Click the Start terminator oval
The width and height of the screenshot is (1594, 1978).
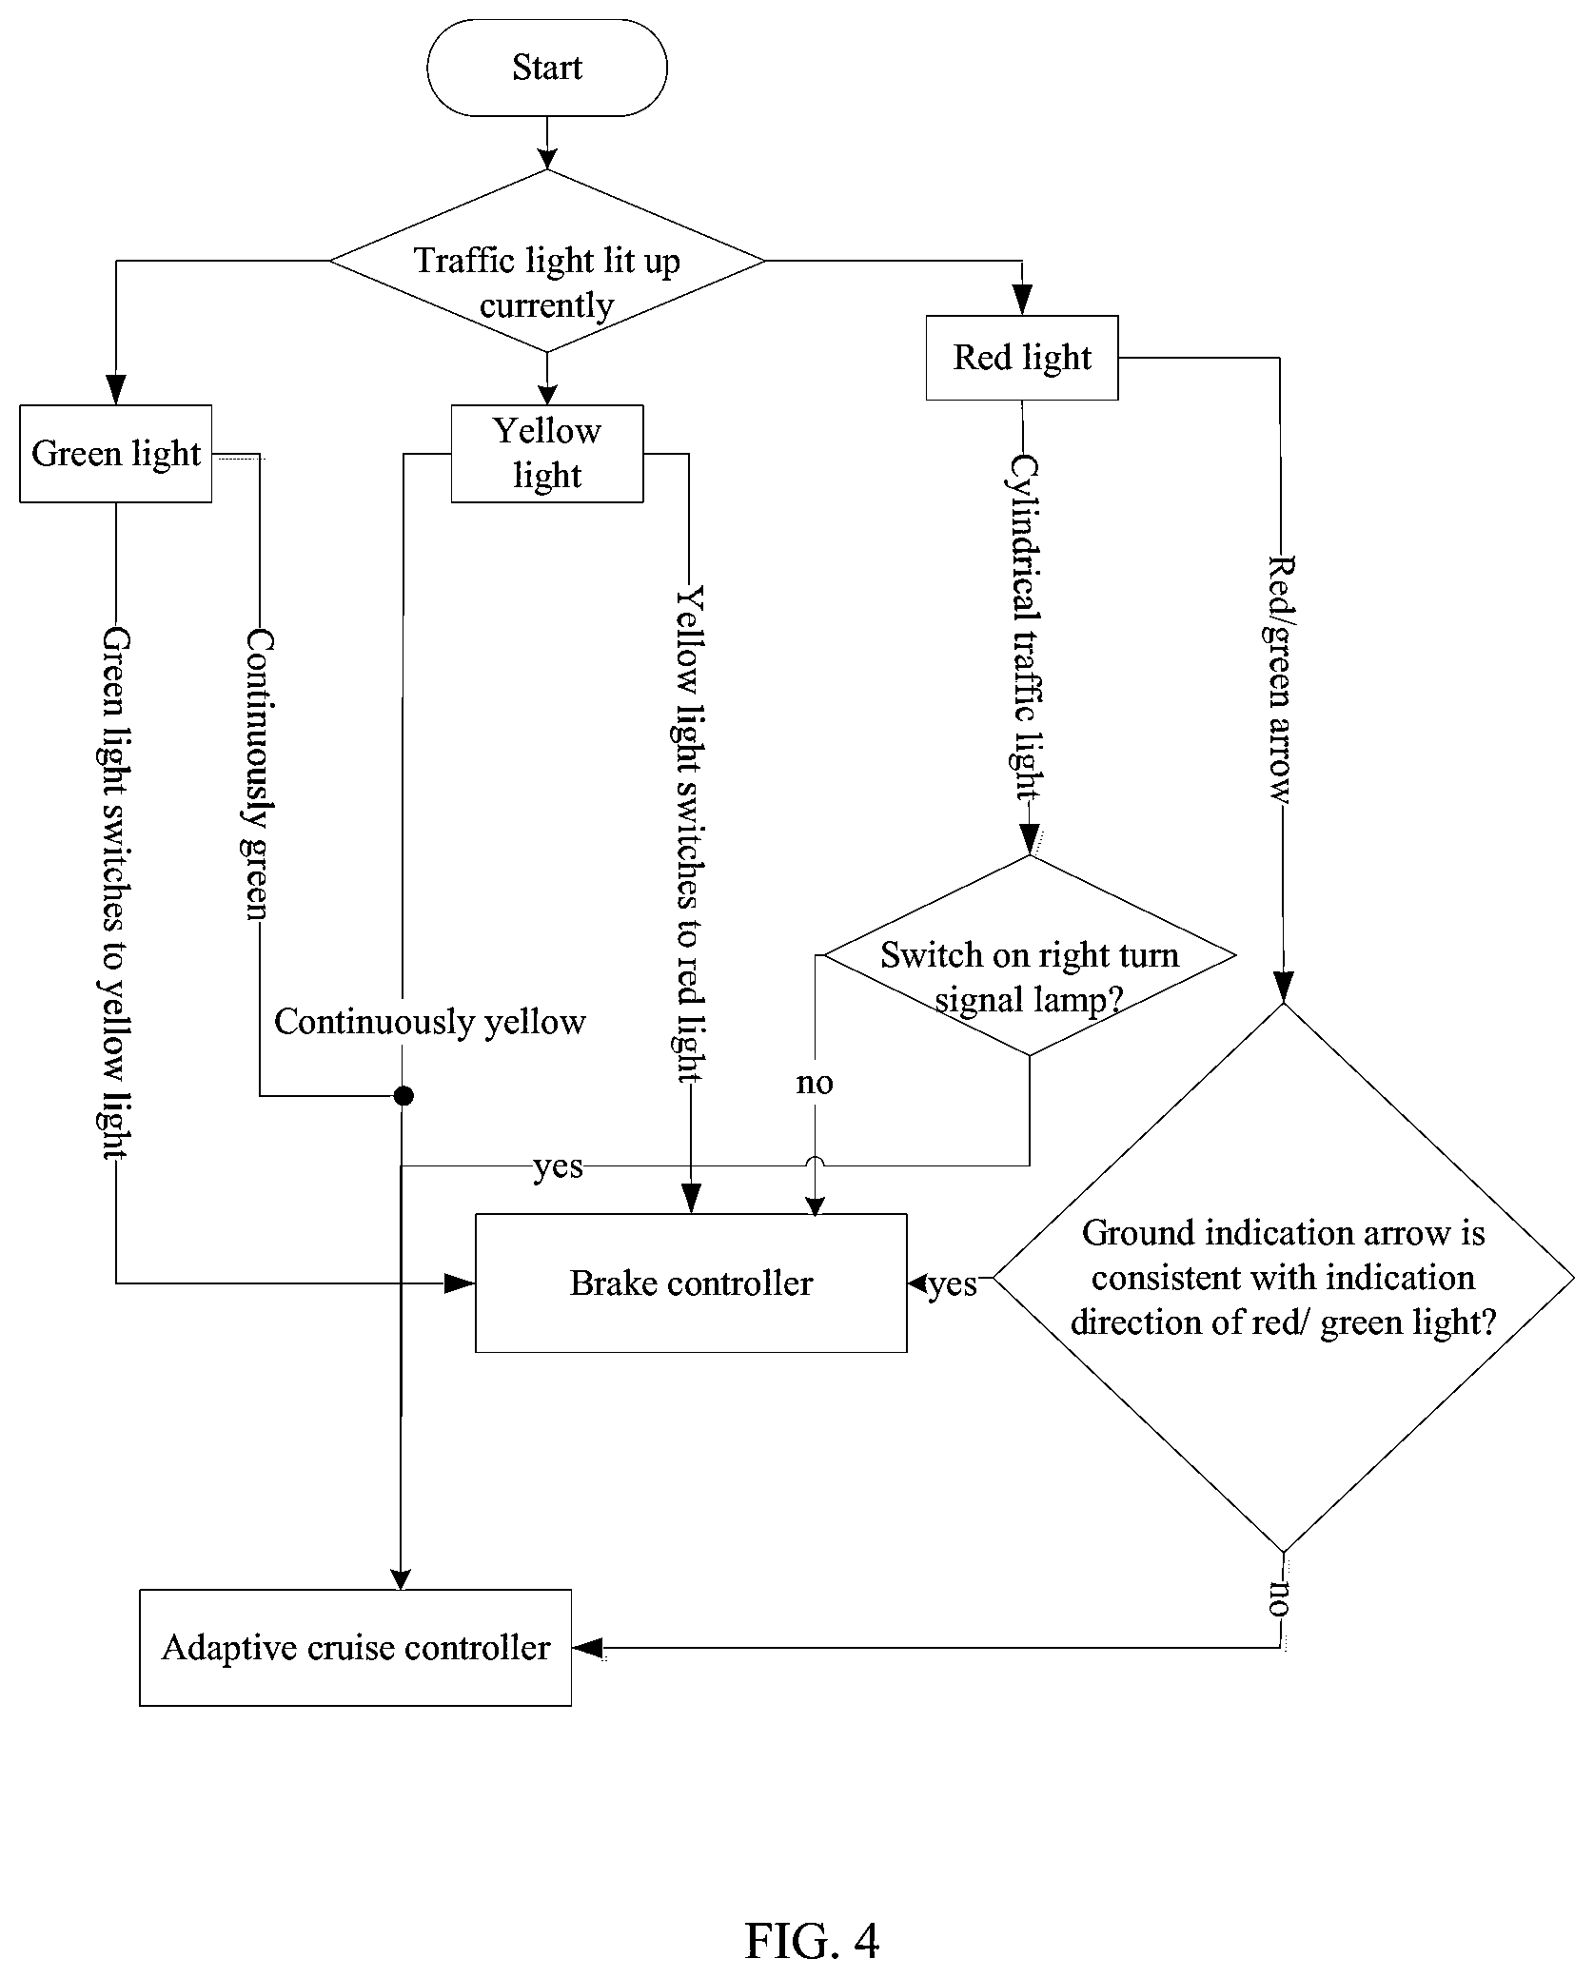[547, 68]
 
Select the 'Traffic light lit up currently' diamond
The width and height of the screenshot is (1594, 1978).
[547, 261]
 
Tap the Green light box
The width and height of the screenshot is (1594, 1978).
[116, 454]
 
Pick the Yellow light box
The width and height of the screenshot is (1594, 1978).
[547, 454]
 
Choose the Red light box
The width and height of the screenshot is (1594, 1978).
[1022, 358]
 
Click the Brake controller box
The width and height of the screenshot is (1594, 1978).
[691, 1283]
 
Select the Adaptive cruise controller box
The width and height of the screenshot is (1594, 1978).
[356, 1648]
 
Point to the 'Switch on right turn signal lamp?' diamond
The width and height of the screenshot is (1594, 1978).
[1029, 955]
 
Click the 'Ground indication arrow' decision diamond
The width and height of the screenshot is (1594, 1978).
[1283, 1279]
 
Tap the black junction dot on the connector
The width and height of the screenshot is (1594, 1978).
[403, 1096]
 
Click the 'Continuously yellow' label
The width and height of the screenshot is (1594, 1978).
[430, 1022]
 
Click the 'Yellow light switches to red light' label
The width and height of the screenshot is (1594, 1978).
[690, 834]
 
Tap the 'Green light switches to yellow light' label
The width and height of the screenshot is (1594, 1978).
[116, 892]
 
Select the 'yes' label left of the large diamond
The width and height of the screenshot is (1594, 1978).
[953, 1284]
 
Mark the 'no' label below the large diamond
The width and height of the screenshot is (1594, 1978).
[1278, 1600]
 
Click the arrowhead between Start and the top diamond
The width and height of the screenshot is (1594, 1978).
[547, 158]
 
